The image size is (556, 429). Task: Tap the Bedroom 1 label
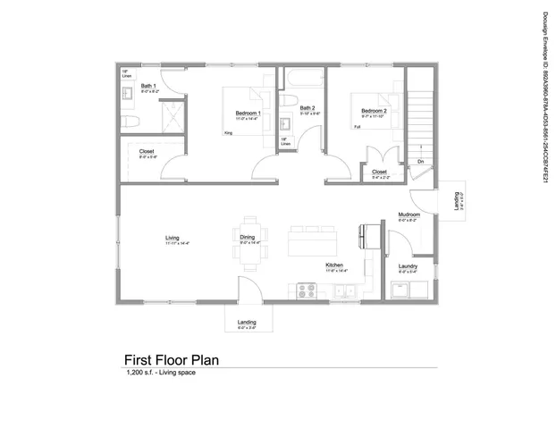pos(248,114)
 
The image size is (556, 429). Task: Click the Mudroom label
pos(409,215)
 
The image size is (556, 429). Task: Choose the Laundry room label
pos(409,266)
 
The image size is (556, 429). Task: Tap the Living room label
pos(172,238)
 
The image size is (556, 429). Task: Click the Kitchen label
pos(334,265)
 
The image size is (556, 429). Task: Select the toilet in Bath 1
pos(129,121)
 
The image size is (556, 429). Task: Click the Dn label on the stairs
pos(419,162)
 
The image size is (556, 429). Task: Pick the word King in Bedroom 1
pos(227,133)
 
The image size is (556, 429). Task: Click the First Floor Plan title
pos(171,359)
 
